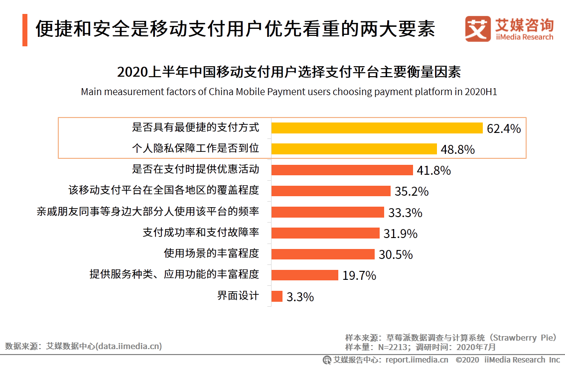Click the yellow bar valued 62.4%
[x=377, y=128]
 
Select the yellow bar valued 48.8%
[x=354, y=149]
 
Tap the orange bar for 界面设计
[x=277, y=296]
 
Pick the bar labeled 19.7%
[x=305, y=275]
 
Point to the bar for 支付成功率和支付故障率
[x=325, y=233]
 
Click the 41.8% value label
[x=433, y=171]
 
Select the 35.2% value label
[x=411, y=192]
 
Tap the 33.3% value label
[x=405, y=213]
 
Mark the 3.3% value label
[x=300, y=297]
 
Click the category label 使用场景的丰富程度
[x=211, y=253]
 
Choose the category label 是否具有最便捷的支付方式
[x=195, y=127]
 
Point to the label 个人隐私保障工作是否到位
[x=195, y=148]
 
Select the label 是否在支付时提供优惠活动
[x=195, y=169]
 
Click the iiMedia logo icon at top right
[x=477, y=29]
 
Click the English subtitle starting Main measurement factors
[x=289, y=92]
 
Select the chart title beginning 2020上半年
[x=289, y=72]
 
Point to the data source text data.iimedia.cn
[x=83, y=346]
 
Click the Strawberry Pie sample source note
[x=450, y=338]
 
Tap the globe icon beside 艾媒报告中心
[x=327, y=360]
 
